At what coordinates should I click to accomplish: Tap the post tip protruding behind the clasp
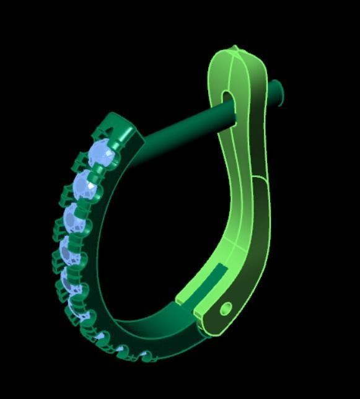pos(278,92)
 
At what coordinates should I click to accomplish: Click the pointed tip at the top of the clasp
pos(234,48)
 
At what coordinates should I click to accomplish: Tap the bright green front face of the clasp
pos(239,186)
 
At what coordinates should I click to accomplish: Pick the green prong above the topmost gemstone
pos(99,131)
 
